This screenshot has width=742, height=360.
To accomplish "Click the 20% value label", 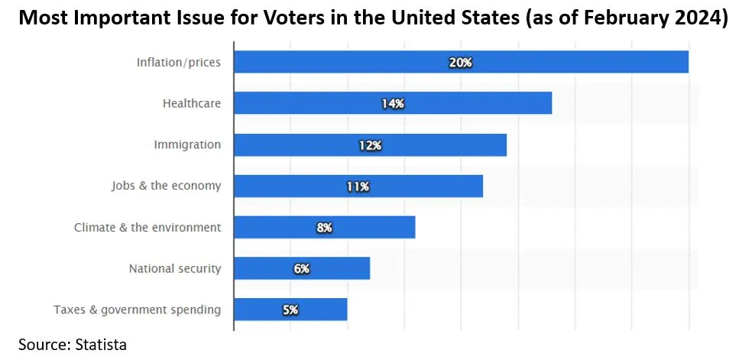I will pos(461,62).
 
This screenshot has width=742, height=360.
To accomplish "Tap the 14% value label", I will pos(393,103).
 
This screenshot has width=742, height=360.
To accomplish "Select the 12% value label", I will pos(370,144).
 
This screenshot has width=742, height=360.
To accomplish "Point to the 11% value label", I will pos(358,186).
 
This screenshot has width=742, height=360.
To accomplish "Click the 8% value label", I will pos(324,227).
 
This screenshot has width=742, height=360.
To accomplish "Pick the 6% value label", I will pos(301,268).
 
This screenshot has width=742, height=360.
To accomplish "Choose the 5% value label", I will pos(290,310).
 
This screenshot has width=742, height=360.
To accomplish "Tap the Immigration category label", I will pos(187,144).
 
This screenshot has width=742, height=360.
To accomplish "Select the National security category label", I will pos(175,268).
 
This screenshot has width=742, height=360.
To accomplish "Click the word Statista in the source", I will pos(100,344).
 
